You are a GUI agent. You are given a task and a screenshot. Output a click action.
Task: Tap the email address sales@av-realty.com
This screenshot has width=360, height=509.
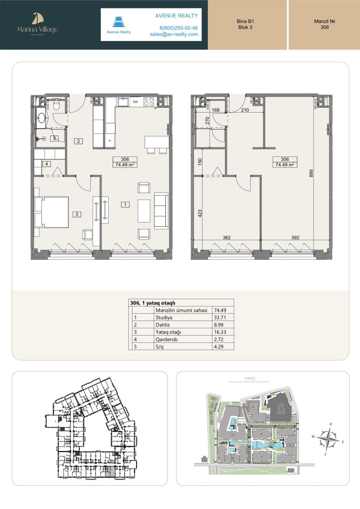coord(174,34)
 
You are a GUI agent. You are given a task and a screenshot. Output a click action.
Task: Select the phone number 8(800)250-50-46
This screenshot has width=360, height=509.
coord(179,28)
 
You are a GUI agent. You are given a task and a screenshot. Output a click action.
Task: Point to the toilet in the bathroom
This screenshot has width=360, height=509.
coord(56,105)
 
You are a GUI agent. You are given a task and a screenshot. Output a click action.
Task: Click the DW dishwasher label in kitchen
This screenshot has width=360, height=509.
coord(135,102)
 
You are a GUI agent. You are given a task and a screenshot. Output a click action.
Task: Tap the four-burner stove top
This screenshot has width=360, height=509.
coord(149,102)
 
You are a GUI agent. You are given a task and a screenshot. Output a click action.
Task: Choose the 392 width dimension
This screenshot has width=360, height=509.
coord(295,238)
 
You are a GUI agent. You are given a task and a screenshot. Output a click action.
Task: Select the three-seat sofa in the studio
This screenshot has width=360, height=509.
coord(161,211)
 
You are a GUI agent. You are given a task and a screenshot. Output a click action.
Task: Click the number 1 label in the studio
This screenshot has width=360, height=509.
coord(125,204)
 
